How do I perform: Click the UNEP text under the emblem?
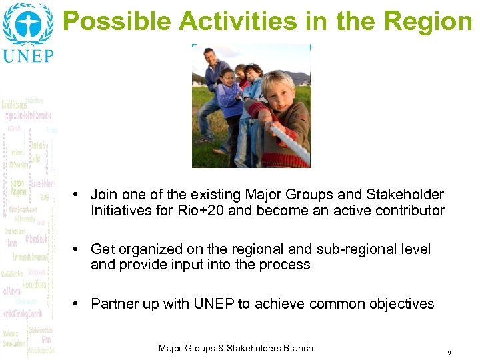(28, 55)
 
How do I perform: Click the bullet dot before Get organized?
(77, 249)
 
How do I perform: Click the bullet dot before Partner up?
(77, 304)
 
